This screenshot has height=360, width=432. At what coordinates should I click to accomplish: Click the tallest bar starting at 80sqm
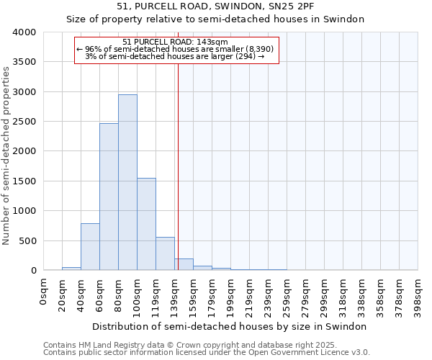127,183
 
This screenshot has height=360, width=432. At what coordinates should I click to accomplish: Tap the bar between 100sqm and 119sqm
146,224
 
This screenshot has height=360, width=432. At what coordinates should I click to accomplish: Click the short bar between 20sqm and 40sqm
71,269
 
